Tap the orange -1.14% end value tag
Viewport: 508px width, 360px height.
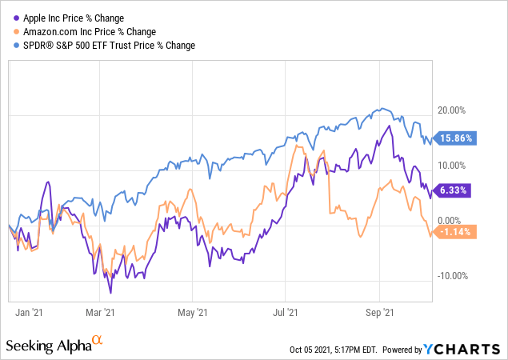(x=456, y=232)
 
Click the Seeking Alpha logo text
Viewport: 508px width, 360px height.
(x=47, y=346)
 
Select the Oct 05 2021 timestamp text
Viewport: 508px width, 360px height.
(x=335, y=350)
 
